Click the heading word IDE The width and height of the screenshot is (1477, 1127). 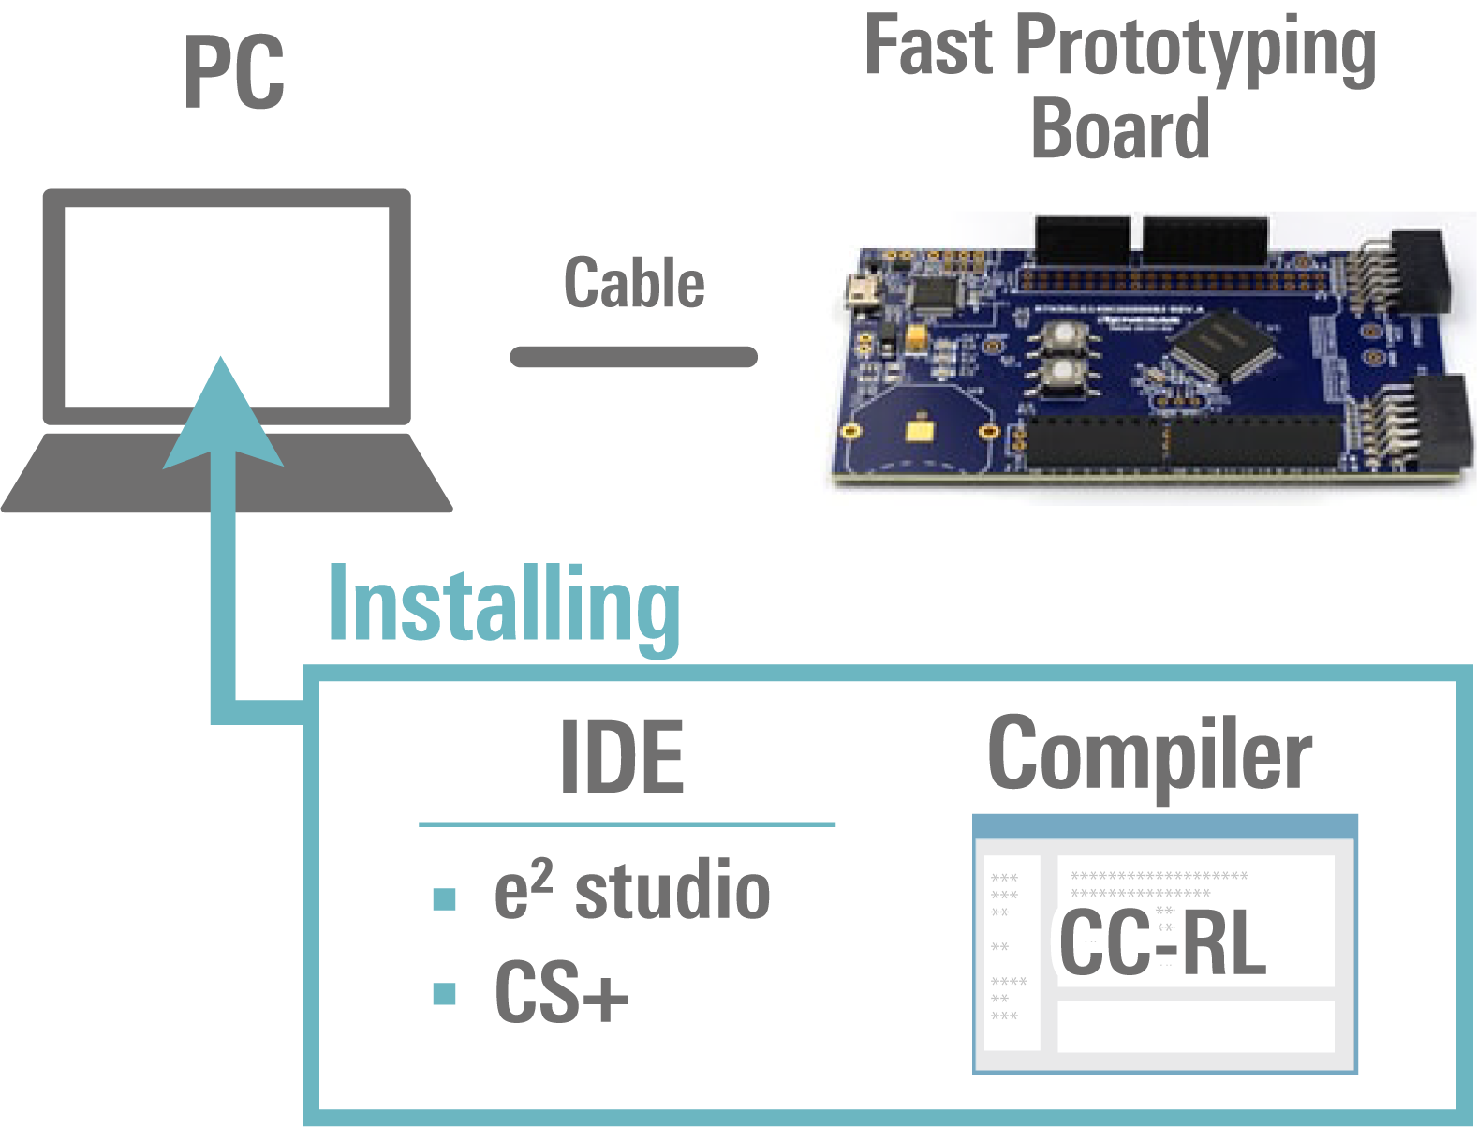pyautogui.click(x=622, y=758)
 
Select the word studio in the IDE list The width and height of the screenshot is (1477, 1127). pyautogui.click(x=672, y=891)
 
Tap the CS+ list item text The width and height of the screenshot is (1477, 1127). pyautogui.click(x=560, y=992)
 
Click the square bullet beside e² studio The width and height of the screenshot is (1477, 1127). pyautogui.click(x=445, y=899)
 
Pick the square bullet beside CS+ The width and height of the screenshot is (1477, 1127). pyautogui.click(x=445, y=993)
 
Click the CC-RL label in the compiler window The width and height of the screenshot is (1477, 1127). pyautogui.click(x=1162, y=942)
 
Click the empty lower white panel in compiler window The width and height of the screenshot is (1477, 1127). pyautogui.click(x=1195, y=1026)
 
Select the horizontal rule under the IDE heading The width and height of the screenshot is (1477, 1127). pyautogui.click(x=627, y=824)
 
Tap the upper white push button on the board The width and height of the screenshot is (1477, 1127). pyautogui.click(x=1063, y=335)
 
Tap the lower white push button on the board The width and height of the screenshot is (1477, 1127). pyautogui.click(x=1063, y=373)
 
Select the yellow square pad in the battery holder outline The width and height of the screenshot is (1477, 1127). pyautogui.click(x=919, y=429)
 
